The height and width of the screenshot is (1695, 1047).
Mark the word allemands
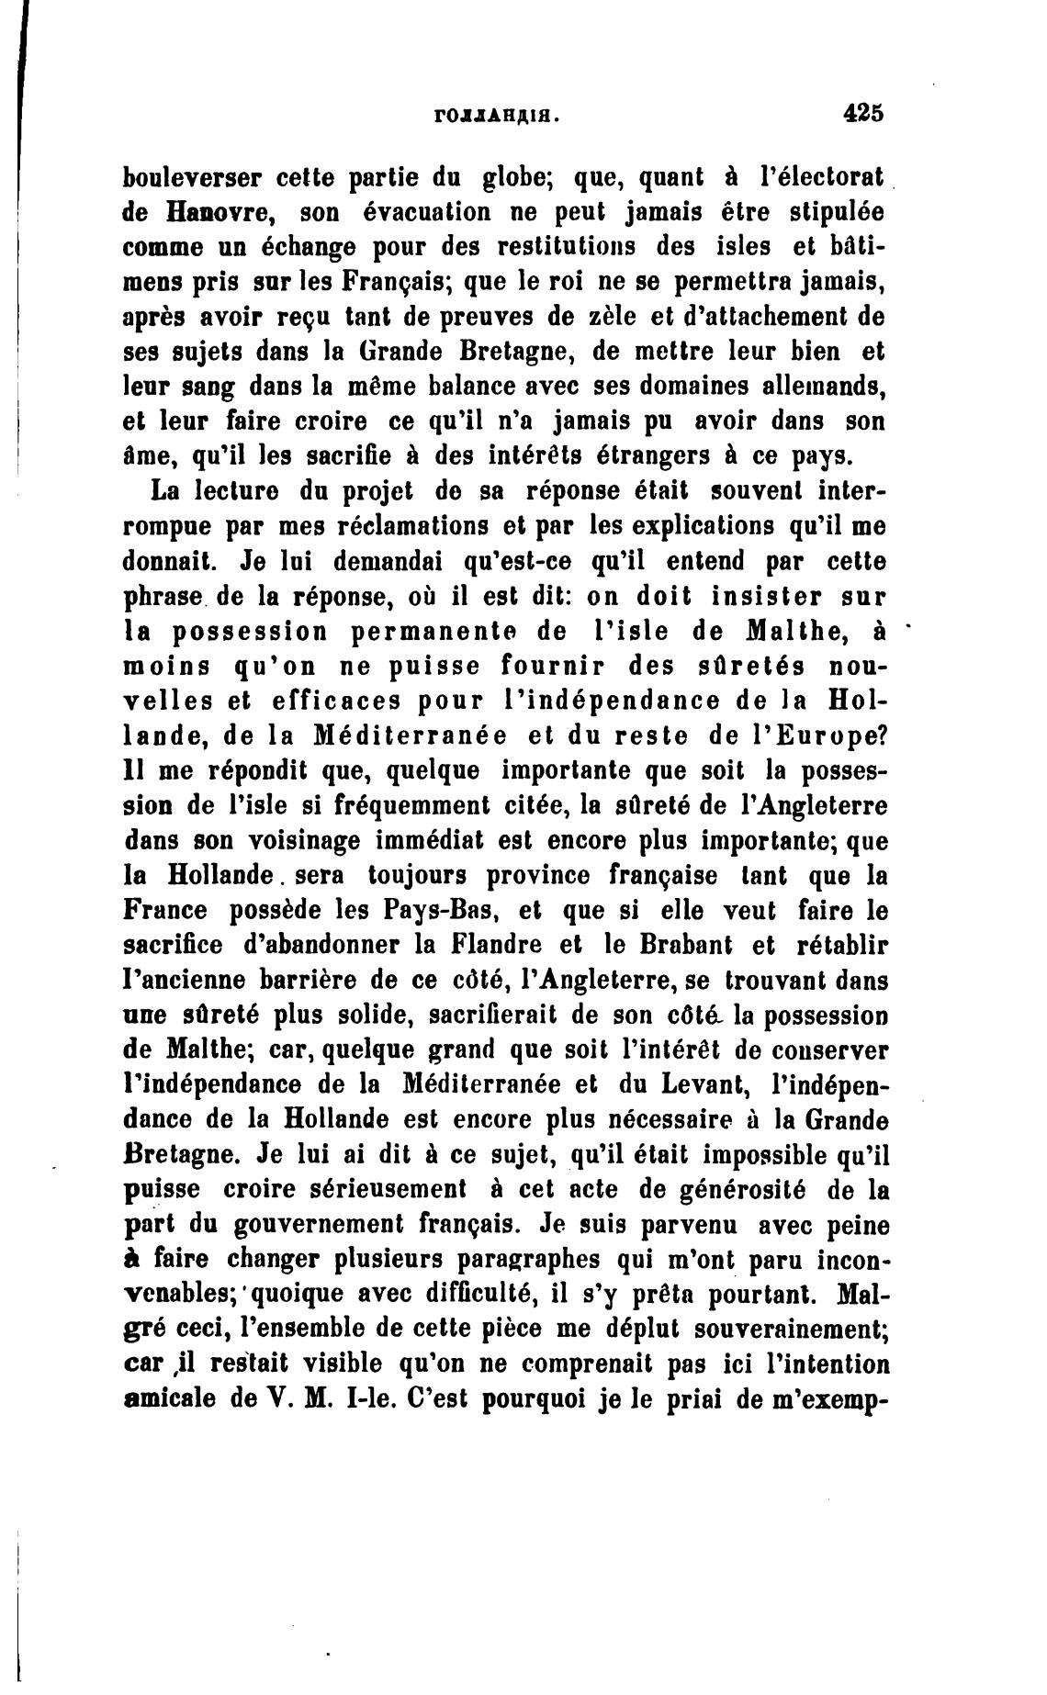coord(820,386)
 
